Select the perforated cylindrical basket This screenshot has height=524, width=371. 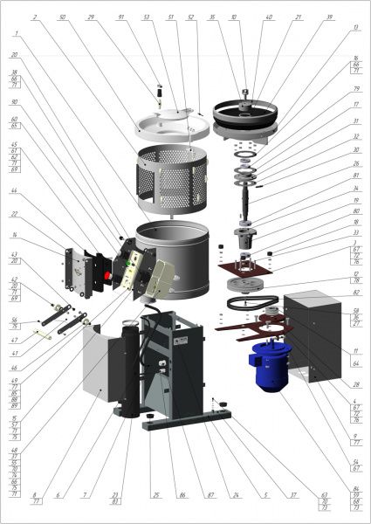(x=175, y=179)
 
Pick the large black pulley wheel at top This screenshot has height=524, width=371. (x=246, y=112)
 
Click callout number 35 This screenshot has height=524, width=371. (x=212, y=17)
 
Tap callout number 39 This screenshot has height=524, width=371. (x=329, y=17)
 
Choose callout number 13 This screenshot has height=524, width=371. (x=355, y=28)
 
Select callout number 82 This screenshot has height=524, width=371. (x=14, y=157)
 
